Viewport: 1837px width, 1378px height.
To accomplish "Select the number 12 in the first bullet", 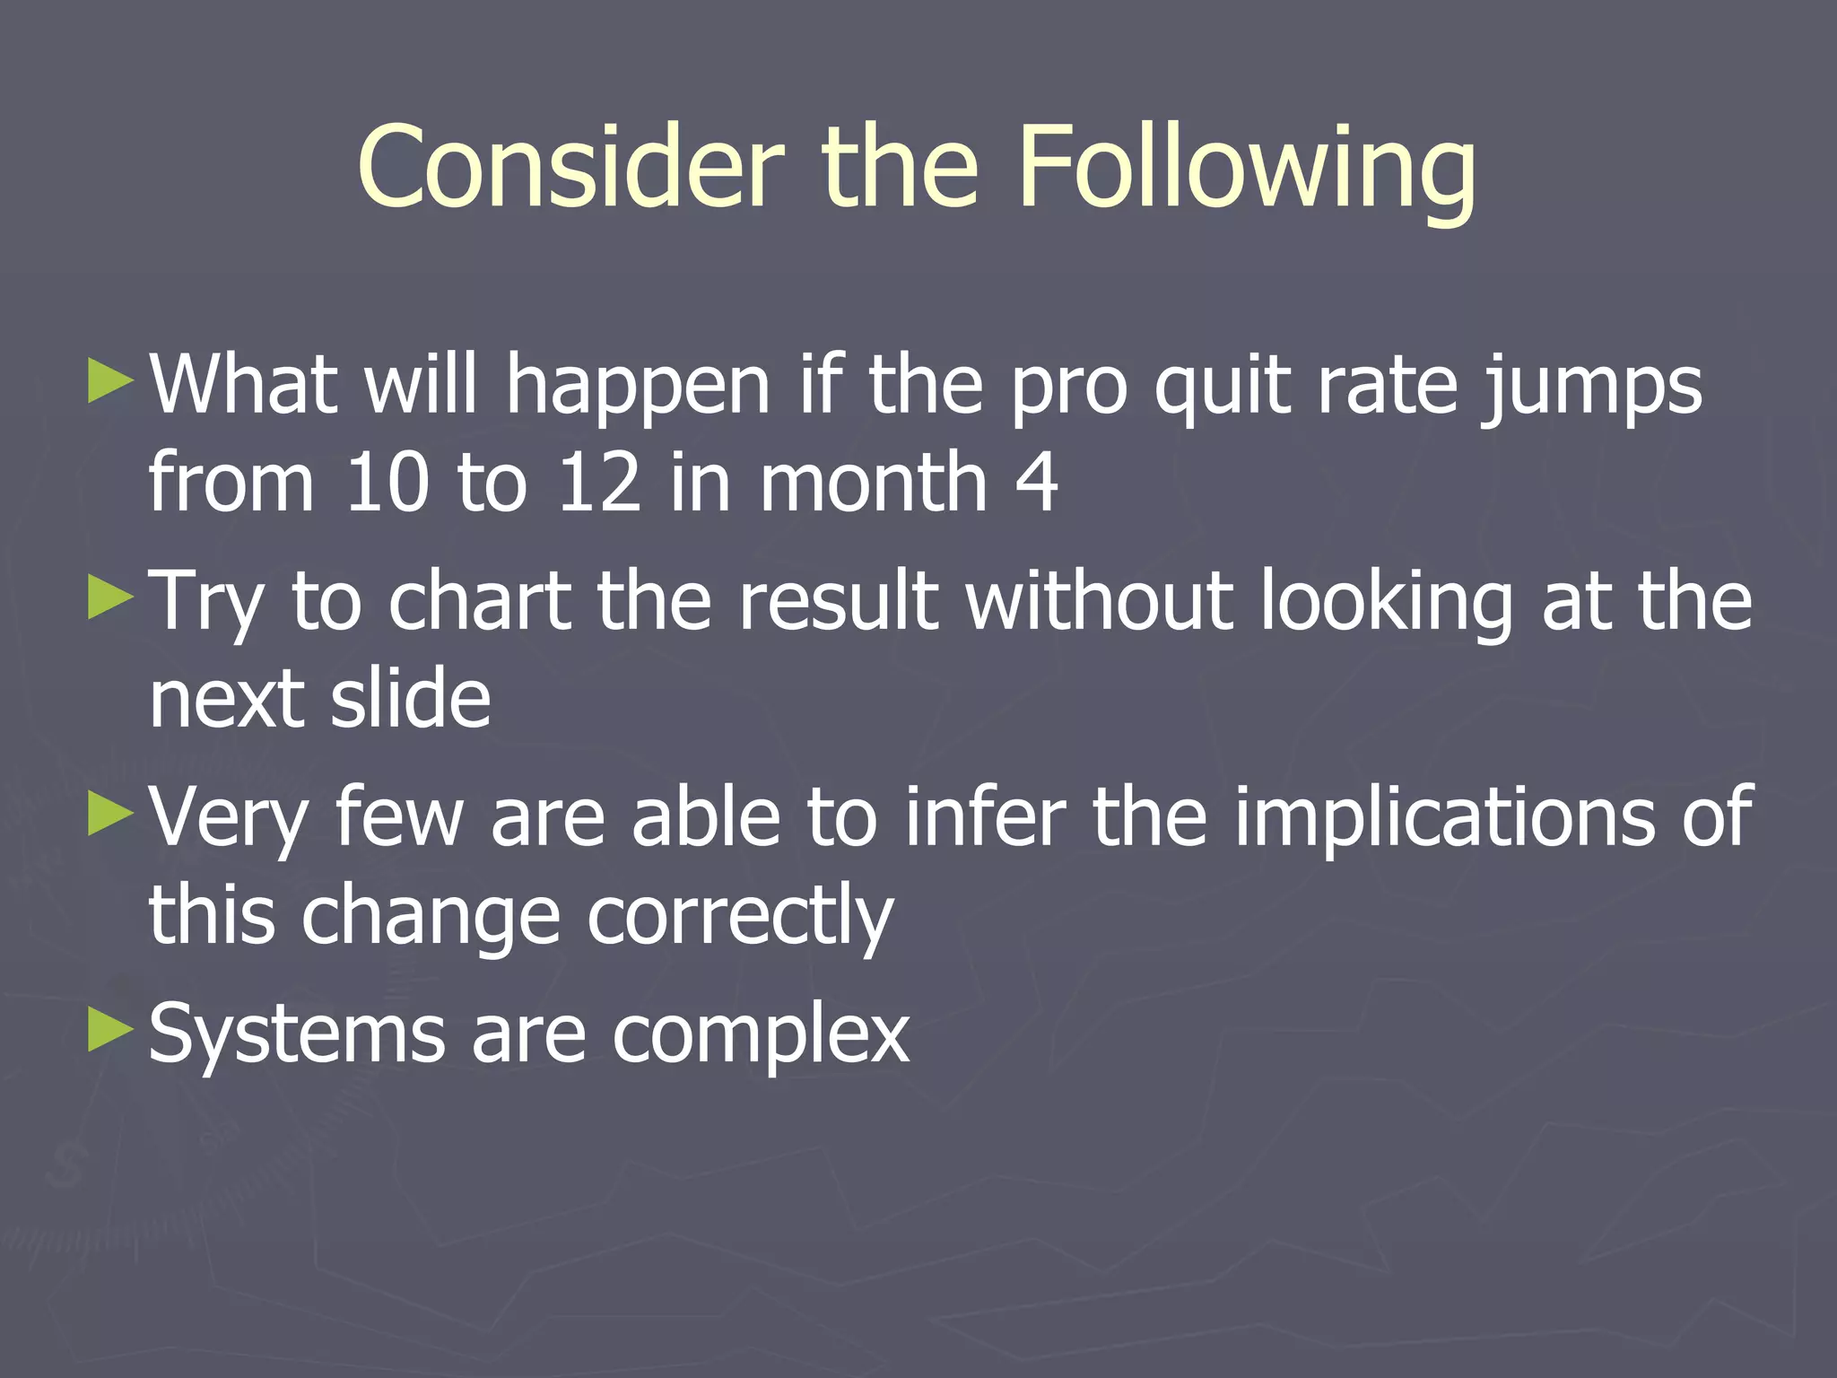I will tap(598, 482).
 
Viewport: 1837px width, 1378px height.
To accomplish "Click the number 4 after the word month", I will tap(1037, 482).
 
